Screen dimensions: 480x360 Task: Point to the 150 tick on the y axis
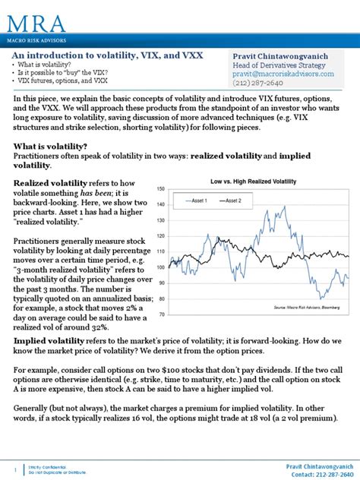161,189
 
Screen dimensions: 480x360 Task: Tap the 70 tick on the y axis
162,314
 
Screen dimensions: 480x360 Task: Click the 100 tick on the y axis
161,267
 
